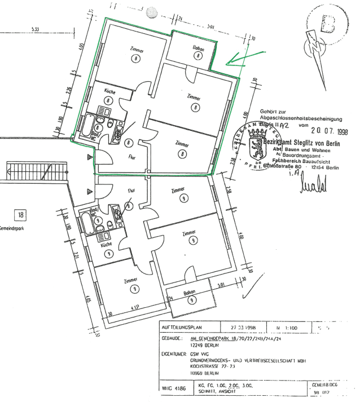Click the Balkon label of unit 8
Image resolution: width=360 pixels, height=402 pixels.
[197, 48]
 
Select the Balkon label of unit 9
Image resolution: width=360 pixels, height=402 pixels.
[190, 293]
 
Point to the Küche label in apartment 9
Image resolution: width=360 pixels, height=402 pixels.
[106, 245]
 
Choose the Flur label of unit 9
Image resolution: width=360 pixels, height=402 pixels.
[131, 191]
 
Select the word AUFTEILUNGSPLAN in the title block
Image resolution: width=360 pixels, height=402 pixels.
[180, 327]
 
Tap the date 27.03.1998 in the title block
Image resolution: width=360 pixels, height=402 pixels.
[242, 327]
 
